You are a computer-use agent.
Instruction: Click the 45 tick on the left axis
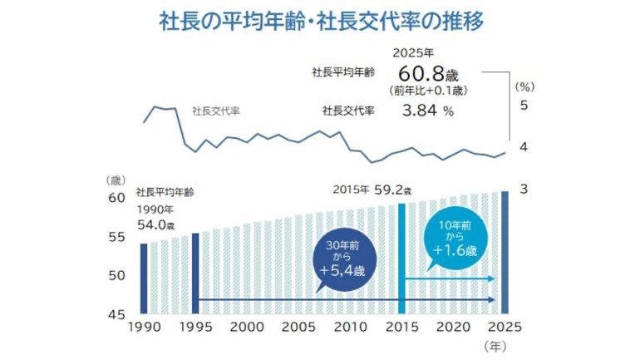[x=116, y=313]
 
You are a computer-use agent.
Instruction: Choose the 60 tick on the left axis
[x=116, y=198]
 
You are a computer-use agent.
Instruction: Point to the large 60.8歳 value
[x=423, y=72]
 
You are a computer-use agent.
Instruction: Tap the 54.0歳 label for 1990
[x=155, y=224]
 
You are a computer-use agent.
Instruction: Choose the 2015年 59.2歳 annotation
[x=372, y=190]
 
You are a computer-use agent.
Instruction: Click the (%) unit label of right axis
[x=524, y=85]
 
